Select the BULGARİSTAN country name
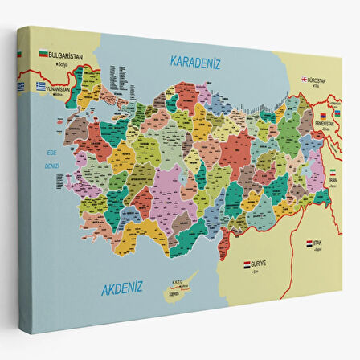tap(65, 55)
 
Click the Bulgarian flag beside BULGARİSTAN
tap(43, 54)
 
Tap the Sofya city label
tap(53, 63)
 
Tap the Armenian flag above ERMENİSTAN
tap(325, 115)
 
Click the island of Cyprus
tap(175, 291)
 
